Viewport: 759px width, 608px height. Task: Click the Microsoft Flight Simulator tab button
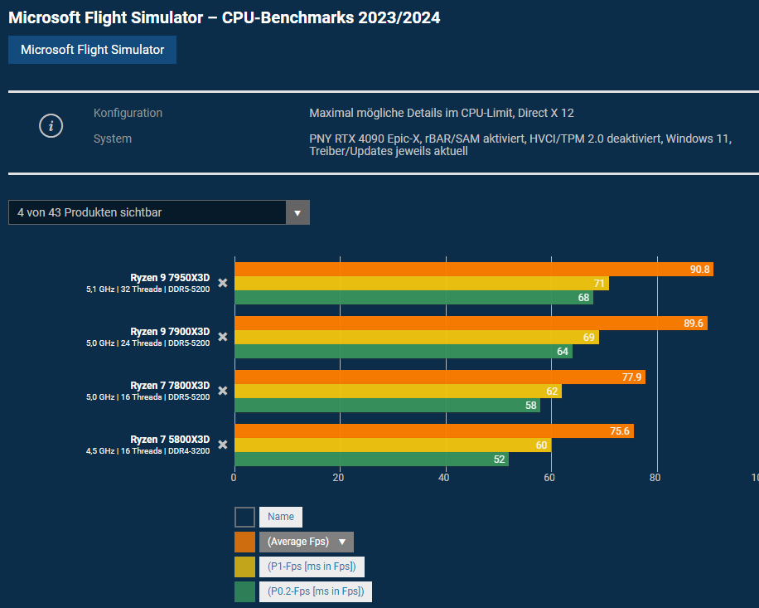click(x=92, y=50)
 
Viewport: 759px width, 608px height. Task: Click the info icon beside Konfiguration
click(x=51, y=126)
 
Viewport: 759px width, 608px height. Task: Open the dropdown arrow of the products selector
click(x=297, y=213)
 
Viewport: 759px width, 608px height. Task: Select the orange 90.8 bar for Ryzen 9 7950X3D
click(x=473, y=270)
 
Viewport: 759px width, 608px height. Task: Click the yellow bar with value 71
click(x=421, y=284)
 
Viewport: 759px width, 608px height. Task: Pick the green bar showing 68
click(x=413, y=298)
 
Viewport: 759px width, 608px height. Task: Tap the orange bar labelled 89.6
click(x=470, y=323)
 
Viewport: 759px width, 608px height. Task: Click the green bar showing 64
click(x=403, y=352)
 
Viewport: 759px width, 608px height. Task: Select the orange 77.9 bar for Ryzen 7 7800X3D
click(x=439, y=377)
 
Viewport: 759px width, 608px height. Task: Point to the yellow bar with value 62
click(x=398, y=392)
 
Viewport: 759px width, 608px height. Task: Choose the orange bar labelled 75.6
click(x=433, y=431)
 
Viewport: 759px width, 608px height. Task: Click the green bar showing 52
click(x=371, y=460)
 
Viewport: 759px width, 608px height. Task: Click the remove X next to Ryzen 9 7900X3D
click(x=222, y=337)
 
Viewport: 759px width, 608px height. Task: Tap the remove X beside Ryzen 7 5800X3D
click(x=222, y=445)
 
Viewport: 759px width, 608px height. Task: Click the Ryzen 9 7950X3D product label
click(x=170, y=277)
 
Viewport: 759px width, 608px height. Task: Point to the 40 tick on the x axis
click(x=445, y=478)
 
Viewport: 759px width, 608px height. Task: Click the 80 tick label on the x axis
click(x=655, y=478)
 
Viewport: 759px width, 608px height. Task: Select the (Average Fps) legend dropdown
click(x=306, y=542)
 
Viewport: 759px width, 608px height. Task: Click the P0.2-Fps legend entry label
click(x=316, y=591)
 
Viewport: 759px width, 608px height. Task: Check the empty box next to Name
click(x=244, y=518)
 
